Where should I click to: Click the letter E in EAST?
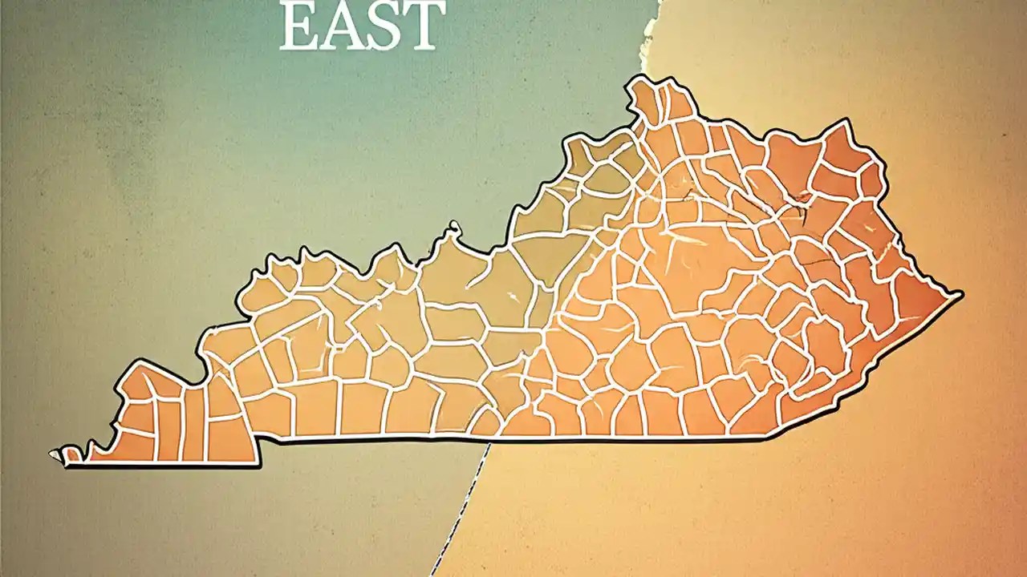tap(298, 27)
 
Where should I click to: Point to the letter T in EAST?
tap(424, 27)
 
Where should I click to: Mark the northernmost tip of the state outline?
tap(639, 78)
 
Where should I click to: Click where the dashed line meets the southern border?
tap(489, 441)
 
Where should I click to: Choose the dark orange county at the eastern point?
tap(923, 301)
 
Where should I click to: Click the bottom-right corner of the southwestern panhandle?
tap(258, 464)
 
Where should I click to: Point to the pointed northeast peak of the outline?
tap(844, 121)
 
